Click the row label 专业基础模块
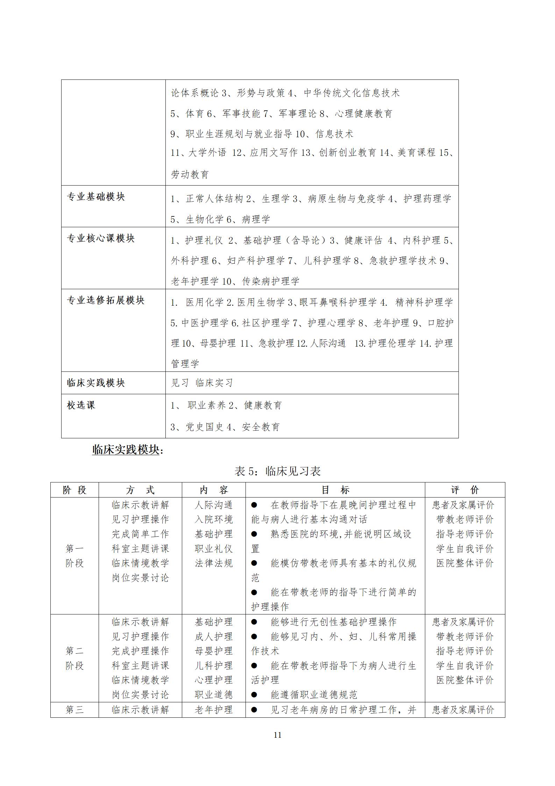96,197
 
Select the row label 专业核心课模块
101,238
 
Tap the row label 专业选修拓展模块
106,300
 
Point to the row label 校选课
81,405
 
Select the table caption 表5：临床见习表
277,471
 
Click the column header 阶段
74,490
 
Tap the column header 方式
140,490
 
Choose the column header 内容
214,490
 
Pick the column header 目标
335,490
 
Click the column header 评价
465,490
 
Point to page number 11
277,735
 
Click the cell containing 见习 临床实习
202,383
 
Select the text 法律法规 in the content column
214,563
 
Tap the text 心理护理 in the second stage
214,680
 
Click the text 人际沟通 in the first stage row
214,505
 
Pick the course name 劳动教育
190,174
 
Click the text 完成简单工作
140,534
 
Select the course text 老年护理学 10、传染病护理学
235,281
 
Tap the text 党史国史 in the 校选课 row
205,427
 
